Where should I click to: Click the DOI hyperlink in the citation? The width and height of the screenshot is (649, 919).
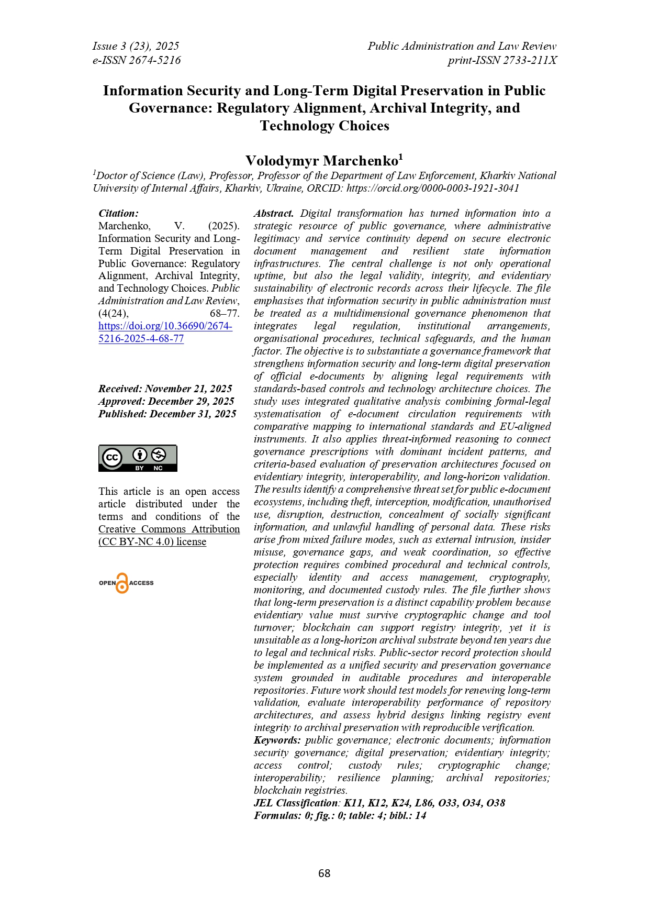coord(165,332)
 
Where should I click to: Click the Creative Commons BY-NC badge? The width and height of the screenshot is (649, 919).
coord(138,458)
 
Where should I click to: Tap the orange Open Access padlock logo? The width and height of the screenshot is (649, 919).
coord(122,583)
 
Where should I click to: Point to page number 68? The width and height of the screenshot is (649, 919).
coord(324,873)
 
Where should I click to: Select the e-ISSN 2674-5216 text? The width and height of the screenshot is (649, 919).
coord(137,60)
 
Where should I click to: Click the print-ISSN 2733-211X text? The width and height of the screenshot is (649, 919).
coord(502,60)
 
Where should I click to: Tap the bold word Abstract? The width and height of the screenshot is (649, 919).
coord(274,213)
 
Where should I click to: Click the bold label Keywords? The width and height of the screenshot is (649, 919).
coord(277,740)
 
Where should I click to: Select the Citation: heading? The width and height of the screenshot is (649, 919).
coord(119,213)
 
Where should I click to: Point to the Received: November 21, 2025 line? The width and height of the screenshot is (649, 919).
coord(165,389)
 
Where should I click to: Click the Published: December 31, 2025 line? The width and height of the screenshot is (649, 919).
coord(167,414)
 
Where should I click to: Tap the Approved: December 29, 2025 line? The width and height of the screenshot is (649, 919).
coord(166,401)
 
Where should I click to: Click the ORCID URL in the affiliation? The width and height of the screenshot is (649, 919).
coord(432,188)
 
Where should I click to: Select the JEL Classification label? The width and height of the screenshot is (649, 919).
coord(296,803)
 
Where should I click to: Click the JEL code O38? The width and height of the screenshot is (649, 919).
coord(496,803)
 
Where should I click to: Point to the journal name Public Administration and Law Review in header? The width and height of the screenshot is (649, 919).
coord(462,46)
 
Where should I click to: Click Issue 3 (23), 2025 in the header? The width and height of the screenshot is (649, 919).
coord(136,46)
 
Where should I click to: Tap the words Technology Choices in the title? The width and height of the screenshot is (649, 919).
coord(324,126)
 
